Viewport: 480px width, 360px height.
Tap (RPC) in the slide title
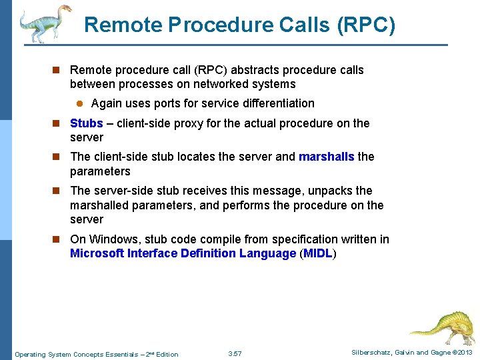click(366, 25)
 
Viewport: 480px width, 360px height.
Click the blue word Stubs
click(86, 123)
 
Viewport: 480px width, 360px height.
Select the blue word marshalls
click(327, 157)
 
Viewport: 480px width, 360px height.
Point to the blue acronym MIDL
click(318, 253)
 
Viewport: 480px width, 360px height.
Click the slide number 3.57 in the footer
click(235, 354)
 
